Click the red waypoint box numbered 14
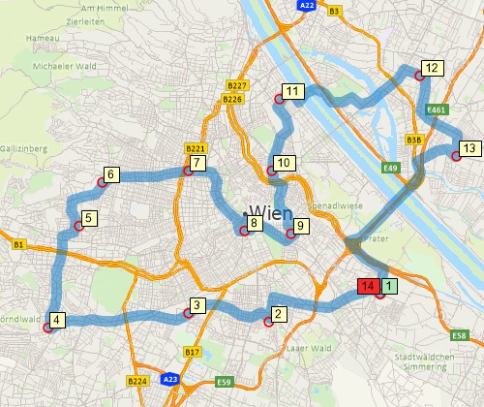368,286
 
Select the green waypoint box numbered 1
388,286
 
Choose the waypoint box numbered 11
294,92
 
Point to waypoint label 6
111,175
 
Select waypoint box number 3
197,306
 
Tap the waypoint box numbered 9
299,226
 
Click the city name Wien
270,211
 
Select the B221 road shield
195,149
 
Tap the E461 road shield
437,110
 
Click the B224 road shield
137,382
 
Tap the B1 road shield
17,246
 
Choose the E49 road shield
390,168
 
